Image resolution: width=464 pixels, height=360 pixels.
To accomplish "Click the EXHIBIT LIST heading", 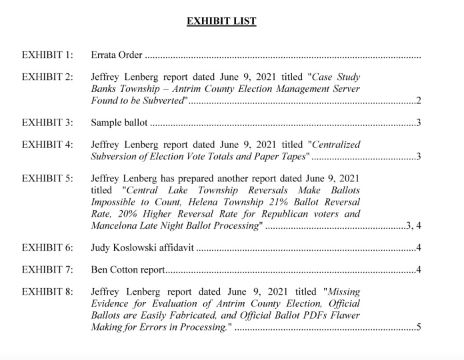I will point(221,21).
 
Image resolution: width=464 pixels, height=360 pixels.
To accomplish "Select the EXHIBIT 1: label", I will point(47,55).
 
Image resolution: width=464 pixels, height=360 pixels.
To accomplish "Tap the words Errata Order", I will point(117,55).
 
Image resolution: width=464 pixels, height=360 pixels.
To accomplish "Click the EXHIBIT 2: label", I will point(47,77).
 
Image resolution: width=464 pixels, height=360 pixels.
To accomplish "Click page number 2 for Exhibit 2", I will point(418,101).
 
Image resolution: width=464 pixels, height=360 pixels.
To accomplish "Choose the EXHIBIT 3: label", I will point(47,123).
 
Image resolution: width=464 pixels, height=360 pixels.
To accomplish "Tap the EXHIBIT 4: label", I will point(47,144).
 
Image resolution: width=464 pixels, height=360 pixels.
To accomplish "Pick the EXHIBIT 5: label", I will point(47,178).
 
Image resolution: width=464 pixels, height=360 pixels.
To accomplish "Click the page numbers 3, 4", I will point(413,226).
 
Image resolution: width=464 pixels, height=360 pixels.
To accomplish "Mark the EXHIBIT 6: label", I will point(47,248).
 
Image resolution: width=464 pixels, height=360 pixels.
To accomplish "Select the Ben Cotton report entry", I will point(127,270).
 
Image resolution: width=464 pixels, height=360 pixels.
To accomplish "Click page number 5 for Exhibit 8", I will point(418,327).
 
